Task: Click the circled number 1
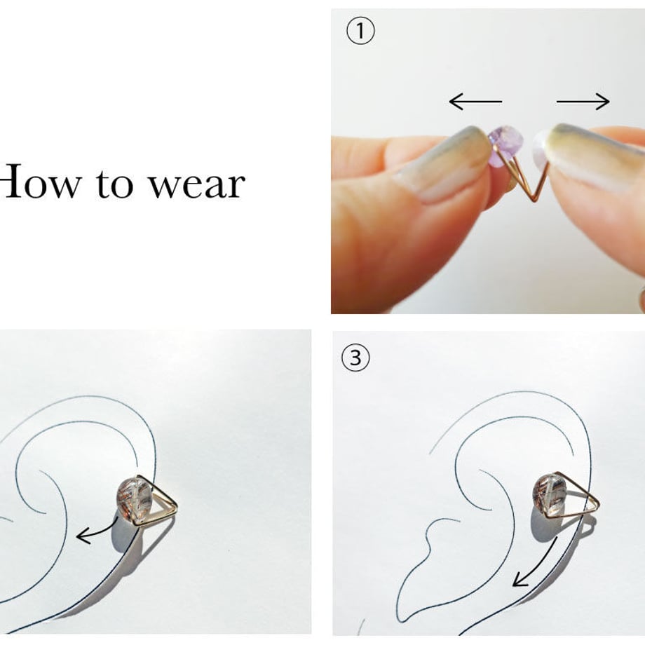click(360, 32)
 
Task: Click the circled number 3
click(355, 358)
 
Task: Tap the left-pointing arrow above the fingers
click(475, 101)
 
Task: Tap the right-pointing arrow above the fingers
click(583, 101)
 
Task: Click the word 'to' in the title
click(115, 183)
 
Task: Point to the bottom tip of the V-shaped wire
click(534, 201)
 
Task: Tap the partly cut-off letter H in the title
click(11, 181)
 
